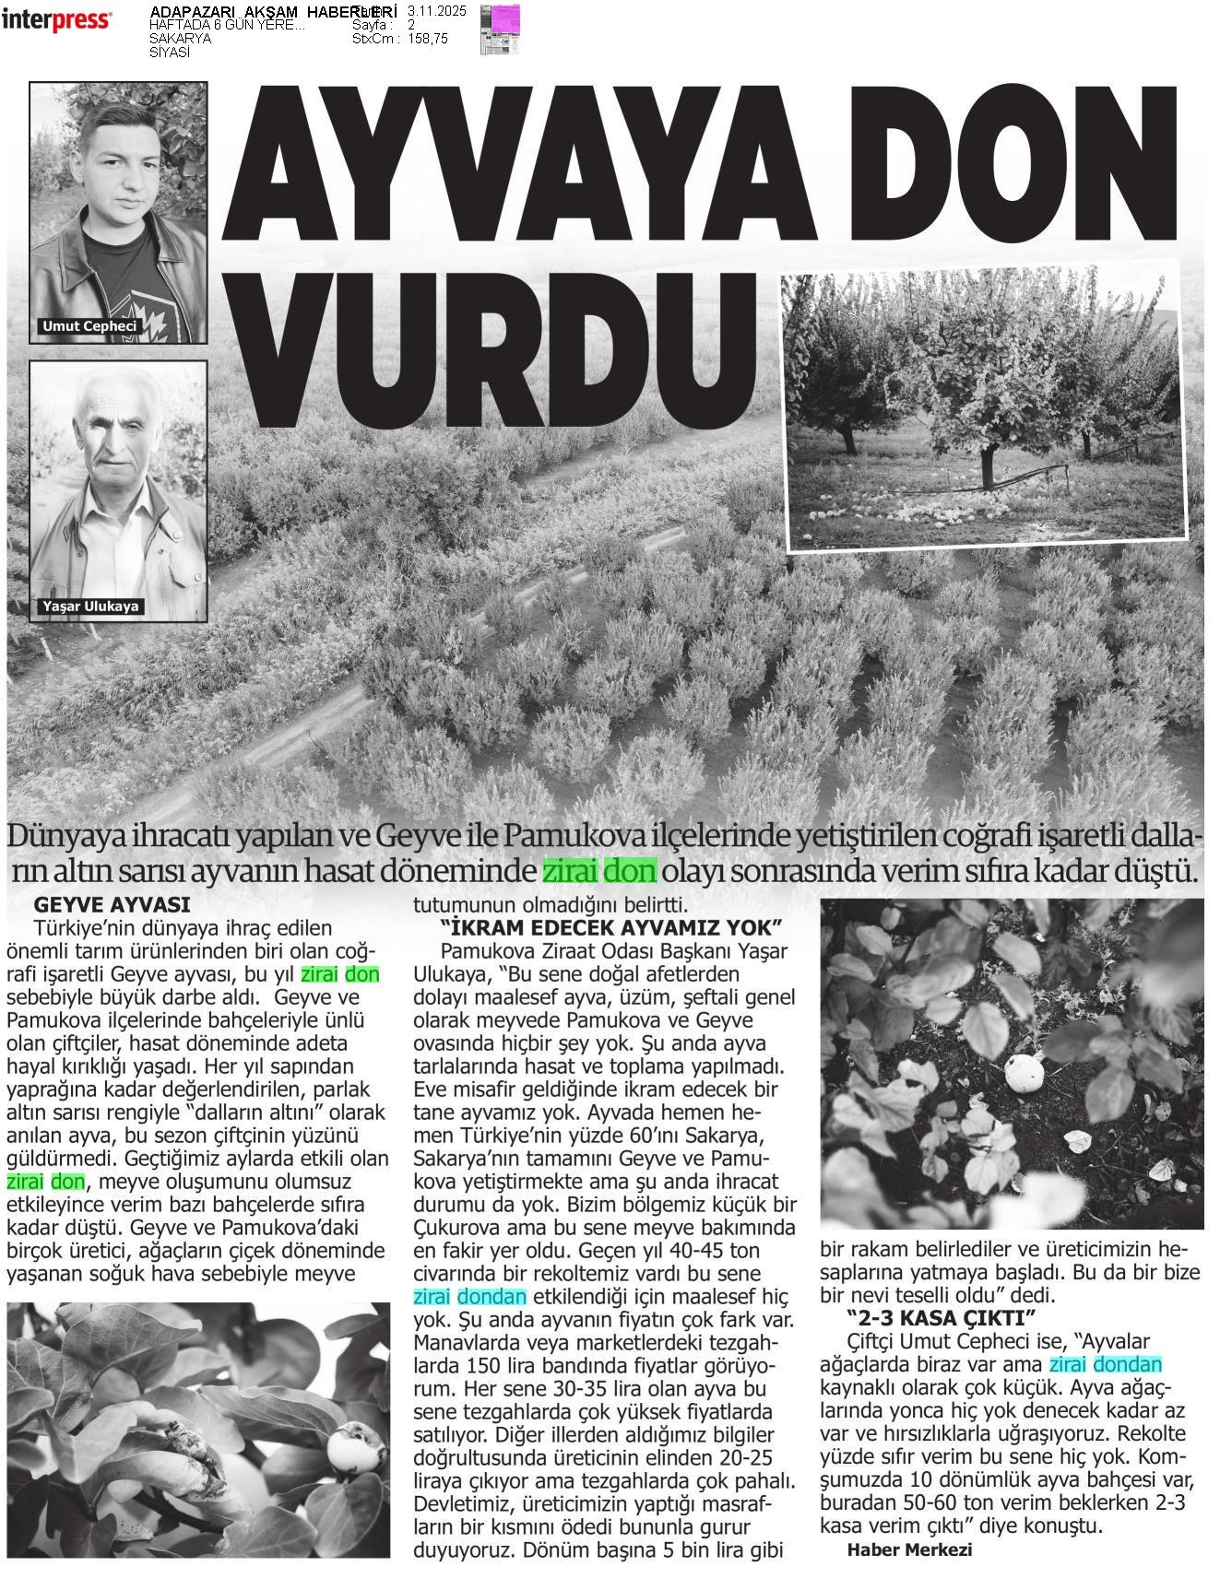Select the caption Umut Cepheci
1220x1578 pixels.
[89, 326]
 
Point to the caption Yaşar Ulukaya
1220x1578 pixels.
[90, 606]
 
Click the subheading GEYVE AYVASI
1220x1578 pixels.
[112, 905]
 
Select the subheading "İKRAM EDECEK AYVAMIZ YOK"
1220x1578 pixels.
[611, 926]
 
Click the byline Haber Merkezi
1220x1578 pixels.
[909, 1550]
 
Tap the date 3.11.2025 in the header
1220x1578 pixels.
[436, 11]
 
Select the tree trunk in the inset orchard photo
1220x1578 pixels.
[988, 465]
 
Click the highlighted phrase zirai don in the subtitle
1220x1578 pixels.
[599, 869]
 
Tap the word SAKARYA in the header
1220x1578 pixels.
[180, 39]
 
